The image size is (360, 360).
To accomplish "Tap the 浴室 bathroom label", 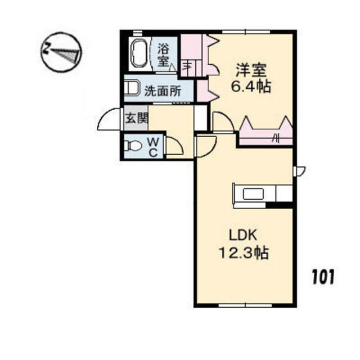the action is tap(164, 55).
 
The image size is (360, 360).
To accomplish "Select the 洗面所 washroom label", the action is tap(163, 91).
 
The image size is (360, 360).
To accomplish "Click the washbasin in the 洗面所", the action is tap(132, 88).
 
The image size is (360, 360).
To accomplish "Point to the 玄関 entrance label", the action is tap(137, 119).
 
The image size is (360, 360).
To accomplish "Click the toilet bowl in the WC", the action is tap(133, 146).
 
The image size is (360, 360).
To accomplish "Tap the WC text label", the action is tap(153, 147).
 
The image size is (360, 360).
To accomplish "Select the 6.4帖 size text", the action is tap(251, 87).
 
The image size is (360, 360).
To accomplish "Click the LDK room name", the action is tap(243, 236).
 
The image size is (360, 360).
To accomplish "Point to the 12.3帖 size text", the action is tap(244, 253).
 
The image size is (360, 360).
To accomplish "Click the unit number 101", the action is tap(323, 277).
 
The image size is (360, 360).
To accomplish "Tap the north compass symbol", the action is tap(61, 52).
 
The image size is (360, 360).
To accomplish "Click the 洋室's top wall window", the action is tap(246, 32).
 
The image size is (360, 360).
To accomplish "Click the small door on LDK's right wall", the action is tap(299, 171).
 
